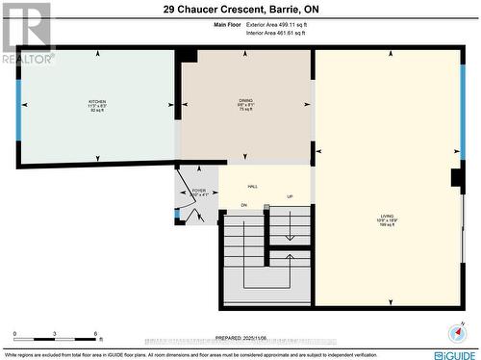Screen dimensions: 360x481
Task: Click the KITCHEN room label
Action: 97,103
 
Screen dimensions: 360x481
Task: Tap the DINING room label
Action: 246,103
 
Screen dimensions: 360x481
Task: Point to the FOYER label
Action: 198,193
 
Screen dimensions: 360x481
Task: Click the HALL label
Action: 253,187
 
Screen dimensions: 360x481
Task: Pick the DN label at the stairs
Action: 244,205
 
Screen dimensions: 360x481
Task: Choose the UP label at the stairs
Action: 290,197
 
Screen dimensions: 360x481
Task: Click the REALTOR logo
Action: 27,33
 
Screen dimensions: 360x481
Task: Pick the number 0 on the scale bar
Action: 16,334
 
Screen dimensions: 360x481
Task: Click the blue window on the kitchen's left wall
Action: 18,106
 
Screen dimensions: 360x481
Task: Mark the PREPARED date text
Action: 240,338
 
